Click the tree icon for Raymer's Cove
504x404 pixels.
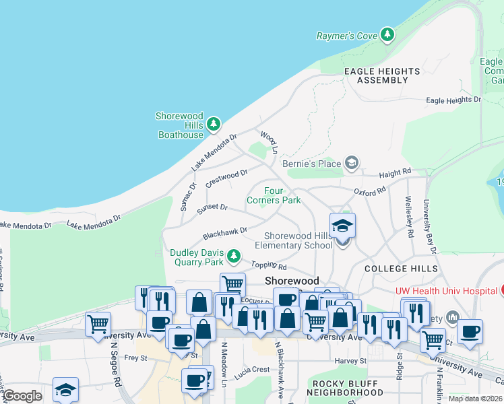pos(387,34)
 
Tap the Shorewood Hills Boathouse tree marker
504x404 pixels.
pos(214,124)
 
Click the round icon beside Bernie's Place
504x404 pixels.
pos(350,163)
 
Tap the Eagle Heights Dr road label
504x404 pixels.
pos(453,100)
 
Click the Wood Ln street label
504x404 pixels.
pos(269,141)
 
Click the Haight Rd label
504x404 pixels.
pos(395,174)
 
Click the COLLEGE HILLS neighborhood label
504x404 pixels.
pos(400,269)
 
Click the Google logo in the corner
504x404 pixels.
pos(22,396)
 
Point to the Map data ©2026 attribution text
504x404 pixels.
pos(475,399)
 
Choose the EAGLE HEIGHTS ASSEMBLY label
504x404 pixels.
pos(382,75)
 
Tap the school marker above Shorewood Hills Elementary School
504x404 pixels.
pos(342,226)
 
